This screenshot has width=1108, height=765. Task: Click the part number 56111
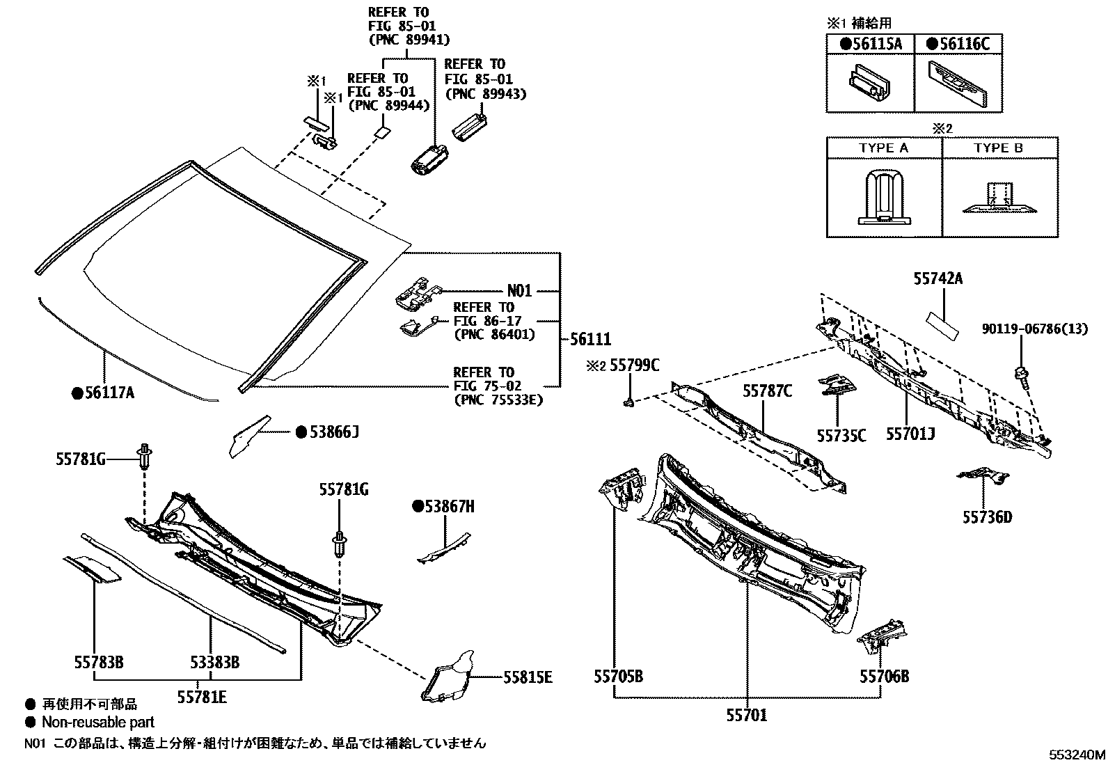[591, 340]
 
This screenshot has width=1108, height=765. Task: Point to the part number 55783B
[99, 662]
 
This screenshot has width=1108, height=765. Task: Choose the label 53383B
[214, 662]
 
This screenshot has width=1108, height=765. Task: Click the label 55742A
[937, 279]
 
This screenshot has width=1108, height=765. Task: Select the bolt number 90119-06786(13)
[1034, 329]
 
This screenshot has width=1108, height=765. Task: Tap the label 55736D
[987, 517]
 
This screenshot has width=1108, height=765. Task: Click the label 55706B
[884, 676]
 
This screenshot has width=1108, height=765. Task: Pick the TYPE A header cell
[883, 148]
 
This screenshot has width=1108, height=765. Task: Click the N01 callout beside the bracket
[519, 291]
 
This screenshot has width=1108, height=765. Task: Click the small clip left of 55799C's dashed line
[628, 401]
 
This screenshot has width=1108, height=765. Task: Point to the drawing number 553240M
[1077, 754]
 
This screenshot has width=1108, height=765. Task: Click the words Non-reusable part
[98, 723]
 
